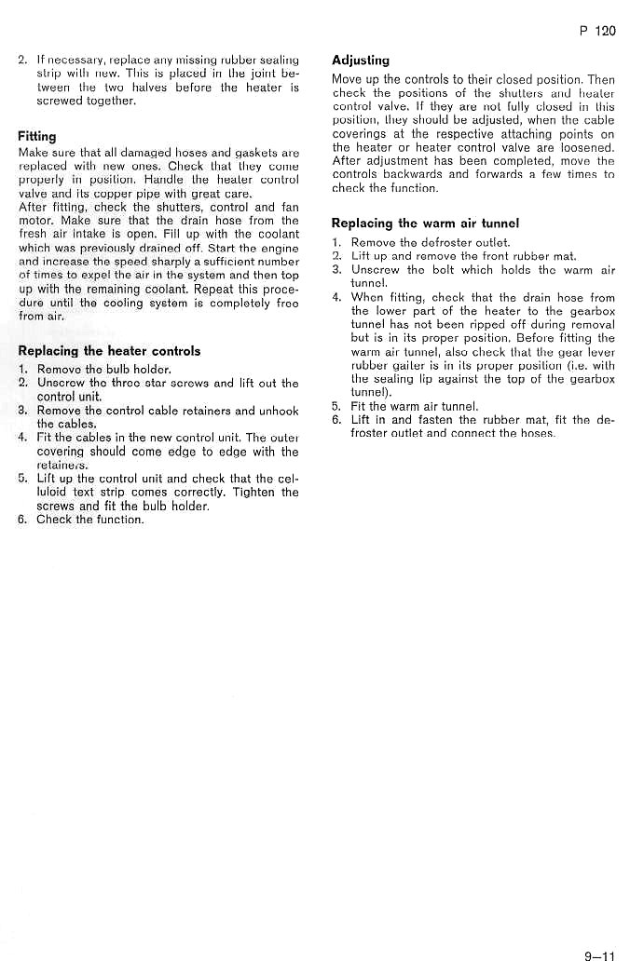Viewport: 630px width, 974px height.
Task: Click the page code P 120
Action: pos(597,31)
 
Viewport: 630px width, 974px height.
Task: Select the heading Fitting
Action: pos(37,137)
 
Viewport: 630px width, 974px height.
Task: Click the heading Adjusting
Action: pos(361,61)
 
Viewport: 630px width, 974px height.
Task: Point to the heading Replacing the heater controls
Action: pos(109,351)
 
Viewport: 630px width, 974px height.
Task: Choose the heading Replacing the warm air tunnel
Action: pos(425,223)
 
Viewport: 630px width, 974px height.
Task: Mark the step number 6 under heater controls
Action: pos(22,520)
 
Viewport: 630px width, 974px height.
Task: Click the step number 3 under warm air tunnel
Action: pos(337,270)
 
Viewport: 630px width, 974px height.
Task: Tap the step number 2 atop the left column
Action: pos(22,60)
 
